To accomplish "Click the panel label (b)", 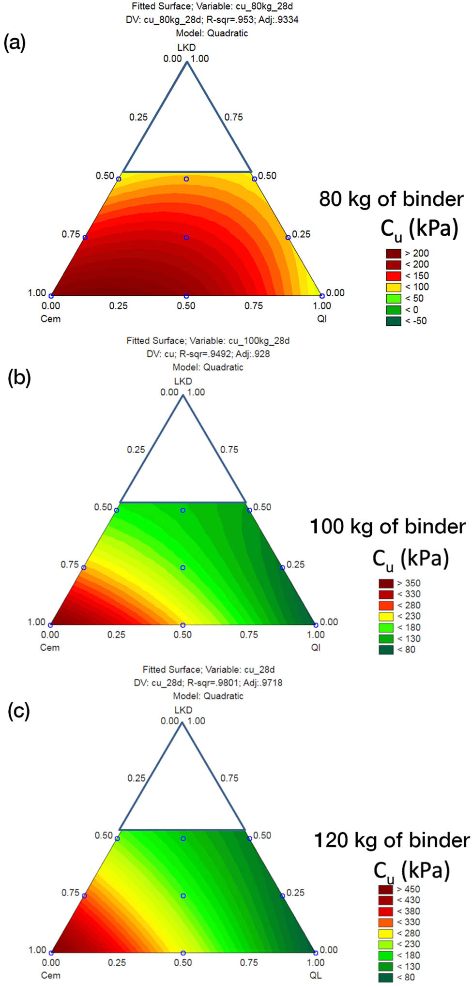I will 19,377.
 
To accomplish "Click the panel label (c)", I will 19,711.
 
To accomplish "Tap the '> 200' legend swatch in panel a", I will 393,253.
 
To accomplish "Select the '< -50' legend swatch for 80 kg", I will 393,321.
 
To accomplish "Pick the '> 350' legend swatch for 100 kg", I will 386,583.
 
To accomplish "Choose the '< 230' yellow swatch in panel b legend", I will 386,616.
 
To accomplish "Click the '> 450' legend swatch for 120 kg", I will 386,889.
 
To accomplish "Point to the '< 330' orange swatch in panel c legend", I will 386,922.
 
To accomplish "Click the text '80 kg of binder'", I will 391,199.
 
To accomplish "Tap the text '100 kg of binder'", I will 387,527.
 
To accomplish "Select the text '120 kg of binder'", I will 392,840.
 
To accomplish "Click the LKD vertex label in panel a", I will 186,47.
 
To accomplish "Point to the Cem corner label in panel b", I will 50,647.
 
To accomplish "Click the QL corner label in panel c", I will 316,975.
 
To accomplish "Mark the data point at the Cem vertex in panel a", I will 51,296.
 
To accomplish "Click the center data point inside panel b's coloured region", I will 183,567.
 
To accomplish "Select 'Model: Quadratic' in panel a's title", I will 212,33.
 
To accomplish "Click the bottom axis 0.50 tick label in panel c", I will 183,962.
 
